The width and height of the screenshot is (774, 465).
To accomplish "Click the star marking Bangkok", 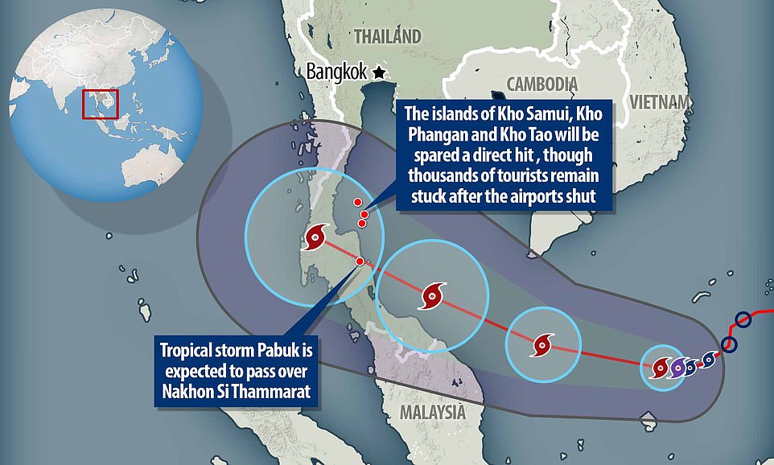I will tap(379, 72).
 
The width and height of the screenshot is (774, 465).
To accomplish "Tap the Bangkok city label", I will tap(337, 72).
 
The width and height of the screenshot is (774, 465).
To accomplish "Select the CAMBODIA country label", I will tap(541, 84).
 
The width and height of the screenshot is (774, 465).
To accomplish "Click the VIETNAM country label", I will tap(662, 101).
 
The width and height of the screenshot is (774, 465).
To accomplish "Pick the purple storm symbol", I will tap(678, 368).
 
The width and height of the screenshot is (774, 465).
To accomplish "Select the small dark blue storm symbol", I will tap(708, 360).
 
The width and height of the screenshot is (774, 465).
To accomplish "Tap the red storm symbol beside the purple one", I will tap(660, 368).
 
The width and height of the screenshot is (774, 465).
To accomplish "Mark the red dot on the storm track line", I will tap(359, 261).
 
